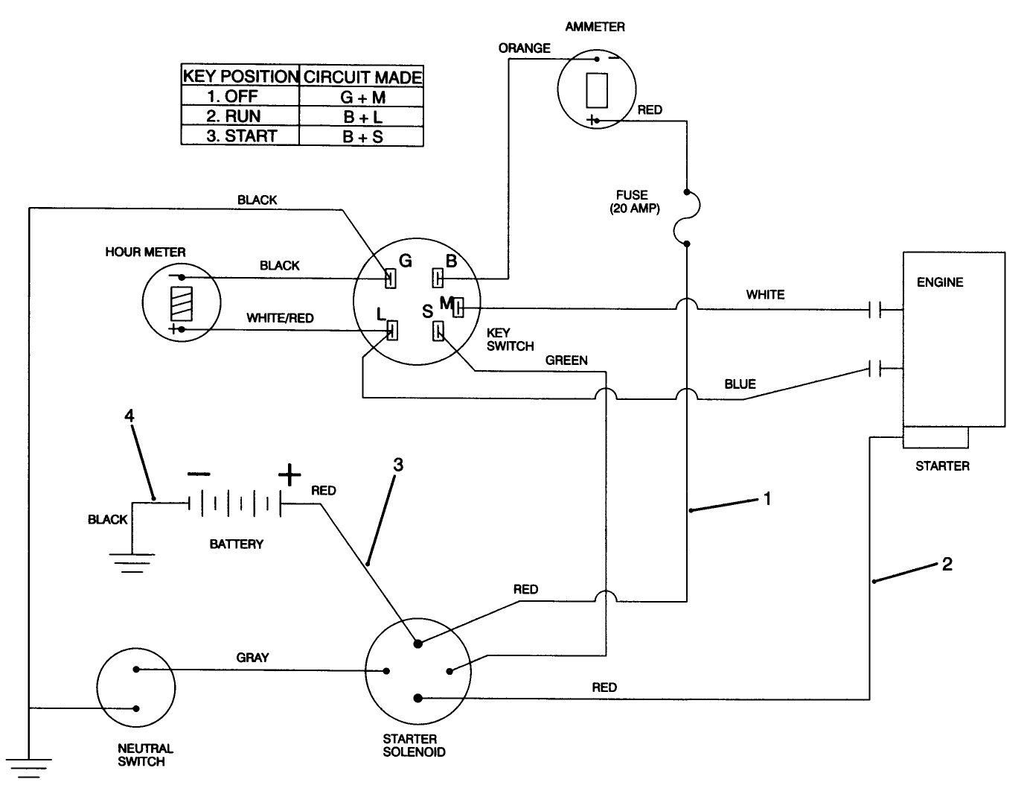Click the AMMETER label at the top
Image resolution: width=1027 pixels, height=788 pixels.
[595, 27]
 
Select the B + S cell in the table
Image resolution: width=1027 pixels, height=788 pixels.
[362, 137]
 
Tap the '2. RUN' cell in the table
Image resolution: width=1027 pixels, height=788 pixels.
[240, 116]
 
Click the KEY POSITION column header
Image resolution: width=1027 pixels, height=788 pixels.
[240, 76]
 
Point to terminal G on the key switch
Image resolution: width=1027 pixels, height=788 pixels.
[389, 279]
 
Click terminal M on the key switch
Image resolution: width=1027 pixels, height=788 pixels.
[458, 306]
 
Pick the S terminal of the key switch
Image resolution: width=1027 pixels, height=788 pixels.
[438, 330]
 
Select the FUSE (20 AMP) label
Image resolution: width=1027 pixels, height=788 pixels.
[634, 202]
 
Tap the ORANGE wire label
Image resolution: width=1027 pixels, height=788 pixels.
[524, 48]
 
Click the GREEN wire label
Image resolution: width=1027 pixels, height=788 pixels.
[566, 360]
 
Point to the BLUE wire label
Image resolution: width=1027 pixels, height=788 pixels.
[740, 384]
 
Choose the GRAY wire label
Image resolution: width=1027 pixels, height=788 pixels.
[252, 658]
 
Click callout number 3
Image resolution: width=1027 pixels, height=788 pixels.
[398, 465]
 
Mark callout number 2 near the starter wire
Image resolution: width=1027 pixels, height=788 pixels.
[947, 564]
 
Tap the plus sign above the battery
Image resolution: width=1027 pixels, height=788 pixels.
[289, 474]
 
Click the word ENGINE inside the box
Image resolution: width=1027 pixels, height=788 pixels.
[940, 282]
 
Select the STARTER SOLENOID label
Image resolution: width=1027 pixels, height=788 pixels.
[414, 746]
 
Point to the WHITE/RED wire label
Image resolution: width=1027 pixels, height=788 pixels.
[280, 318]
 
